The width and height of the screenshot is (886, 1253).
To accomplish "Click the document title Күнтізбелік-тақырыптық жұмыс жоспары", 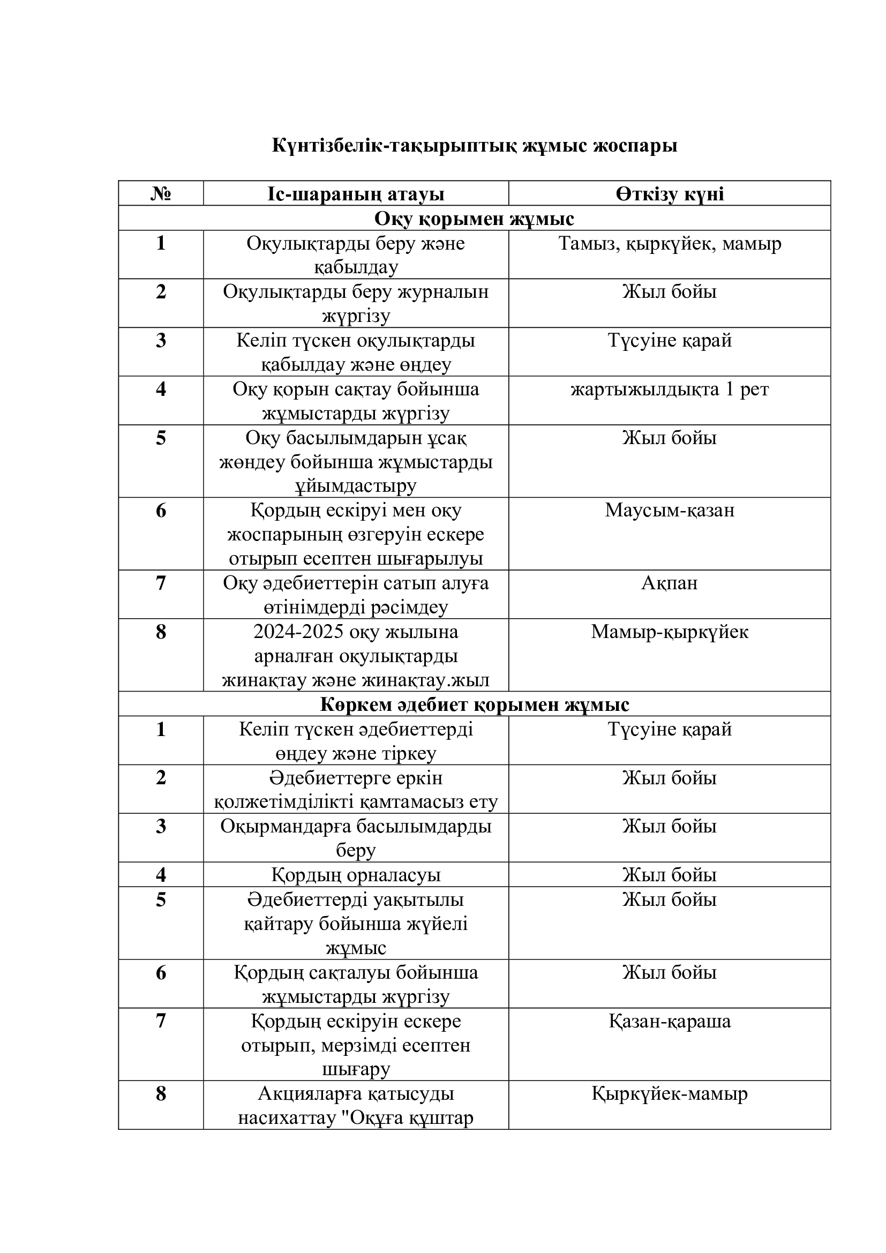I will coord(474,146).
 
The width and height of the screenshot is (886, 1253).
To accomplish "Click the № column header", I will coord(160,194).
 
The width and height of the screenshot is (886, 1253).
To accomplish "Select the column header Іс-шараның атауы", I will coord(356,194).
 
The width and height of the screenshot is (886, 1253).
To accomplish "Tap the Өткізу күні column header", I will coord(670,194).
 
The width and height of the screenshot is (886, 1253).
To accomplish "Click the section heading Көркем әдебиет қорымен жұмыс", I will coord(474,704).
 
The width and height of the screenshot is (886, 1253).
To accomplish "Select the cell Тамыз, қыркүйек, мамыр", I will coord(670,243).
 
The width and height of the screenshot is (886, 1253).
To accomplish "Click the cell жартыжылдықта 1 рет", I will coord(670,389).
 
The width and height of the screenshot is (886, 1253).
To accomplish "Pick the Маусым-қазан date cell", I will coord(670,511).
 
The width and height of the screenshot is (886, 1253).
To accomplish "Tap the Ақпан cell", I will coord(670,583).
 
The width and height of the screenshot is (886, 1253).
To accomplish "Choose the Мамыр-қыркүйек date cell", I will coord(670,632).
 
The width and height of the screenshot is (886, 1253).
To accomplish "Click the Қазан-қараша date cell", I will coord(670,1021).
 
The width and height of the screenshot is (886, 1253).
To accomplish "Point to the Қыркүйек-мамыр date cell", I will coord(670,1094).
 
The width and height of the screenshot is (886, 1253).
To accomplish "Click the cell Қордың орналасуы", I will coord(356,875).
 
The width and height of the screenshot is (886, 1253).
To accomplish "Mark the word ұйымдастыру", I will coord(356,486).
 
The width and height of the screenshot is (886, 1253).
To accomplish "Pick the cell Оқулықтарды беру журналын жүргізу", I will coord(356,303).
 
